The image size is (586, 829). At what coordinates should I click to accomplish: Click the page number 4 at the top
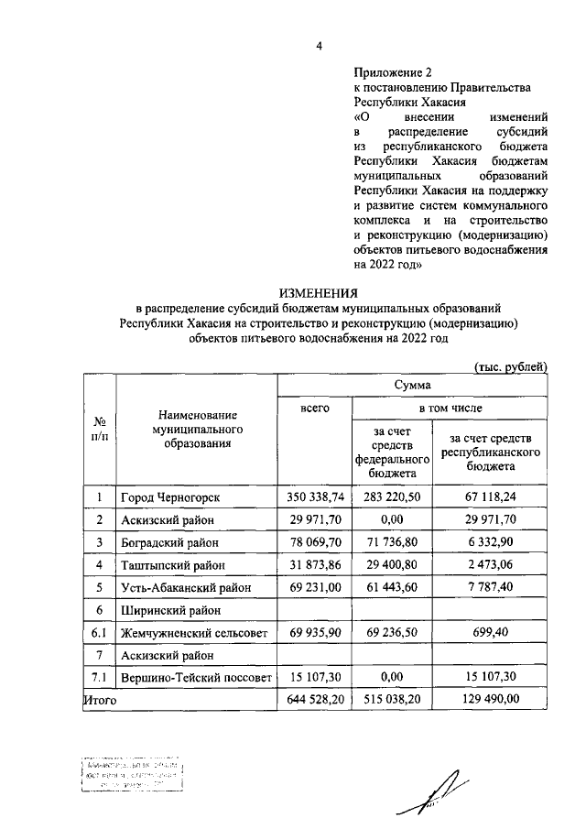[319, 43]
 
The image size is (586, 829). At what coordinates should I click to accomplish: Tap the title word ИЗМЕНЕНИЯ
[319, 293]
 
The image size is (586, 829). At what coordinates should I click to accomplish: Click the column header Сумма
[411, 386]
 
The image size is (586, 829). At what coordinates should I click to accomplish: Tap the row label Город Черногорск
[170, 496]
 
